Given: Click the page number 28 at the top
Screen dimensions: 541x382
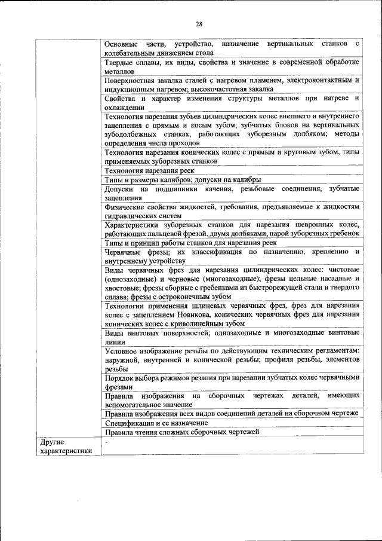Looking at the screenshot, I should point(199,23).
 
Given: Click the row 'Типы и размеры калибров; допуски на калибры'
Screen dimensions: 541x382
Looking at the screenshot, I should point(182,179).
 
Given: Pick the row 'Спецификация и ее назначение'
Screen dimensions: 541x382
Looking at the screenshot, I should point(156,423).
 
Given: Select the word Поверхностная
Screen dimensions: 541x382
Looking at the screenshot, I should point(131,80).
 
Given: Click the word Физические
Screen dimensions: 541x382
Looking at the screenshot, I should point(124,206).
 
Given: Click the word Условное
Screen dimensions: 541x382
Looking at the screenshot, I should point(121,350).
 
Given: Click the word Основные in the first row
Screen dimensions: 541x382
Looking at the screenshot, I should point(121,44).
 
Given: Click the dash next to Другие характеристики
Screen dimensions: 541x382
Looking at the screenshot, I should point(106,441).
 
